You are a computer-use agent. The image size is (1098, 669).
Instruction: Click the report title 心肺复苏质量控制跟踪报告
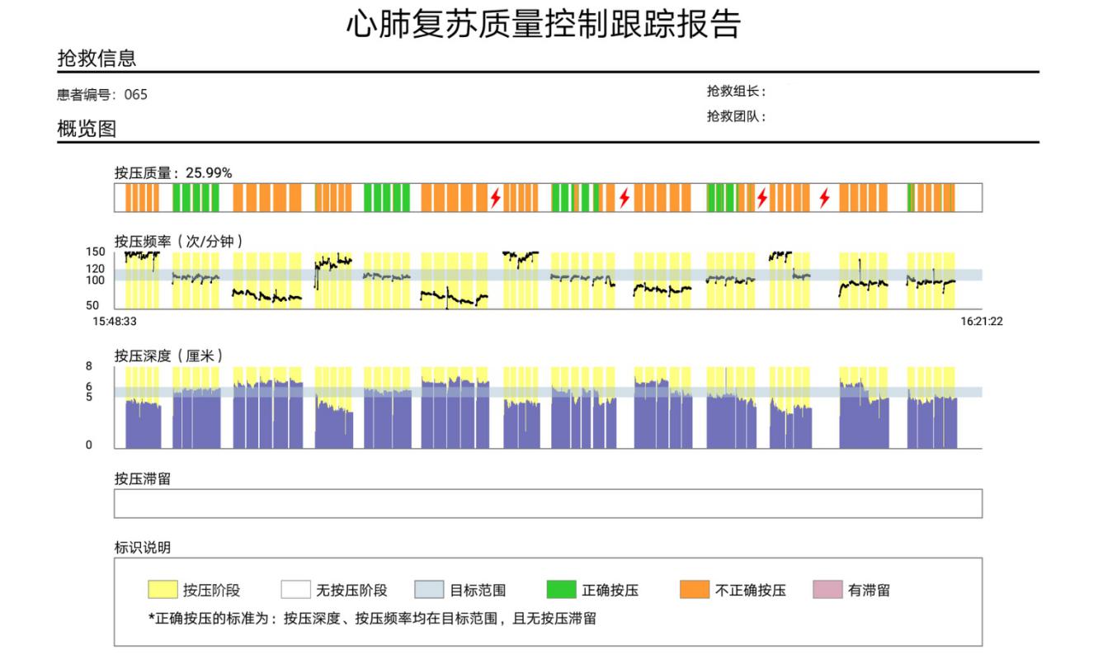point(543,25)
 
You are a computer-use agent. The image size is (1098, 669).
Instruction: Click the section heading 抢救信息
point(97,59)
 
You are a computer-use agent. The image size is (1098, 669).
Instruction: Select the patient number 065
point(136,95)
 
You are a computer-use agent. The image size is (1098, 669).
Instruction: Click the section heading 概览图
point(87,130)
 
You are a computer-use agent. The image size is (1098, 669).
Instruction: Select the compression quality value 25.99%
point(209,173)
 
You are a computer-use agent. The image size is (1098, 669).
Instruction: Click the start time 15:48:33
point(115,322)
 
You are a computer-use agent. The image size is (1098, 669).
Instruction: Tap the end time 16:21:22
point(982,322)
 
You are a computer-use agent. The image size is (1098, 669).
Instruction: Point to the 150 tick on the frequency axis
point(96,252)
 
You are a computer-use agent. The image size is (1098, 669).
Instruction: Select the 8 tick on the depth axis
point(89,366)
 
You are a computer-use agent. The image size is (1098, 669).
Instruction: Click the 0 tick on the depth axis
point(89,445)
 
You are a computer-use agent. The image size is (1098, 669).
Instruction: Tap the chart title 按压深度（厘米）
point(169,356)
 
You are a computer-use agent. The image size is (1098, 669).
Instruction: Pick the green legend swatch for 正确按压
point(561,590)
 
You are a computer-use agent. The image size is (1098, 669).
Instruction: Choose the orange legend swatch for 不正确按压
point(695,590)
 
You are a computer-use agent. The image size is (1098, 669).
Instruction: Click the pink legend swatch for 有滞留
point(827,590)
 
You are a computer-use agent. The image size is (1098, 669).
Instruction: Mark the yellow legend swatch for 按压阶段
point(163,590)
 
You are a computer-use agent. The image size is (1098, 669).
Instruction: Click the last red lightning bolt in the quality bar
point(824,198)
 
